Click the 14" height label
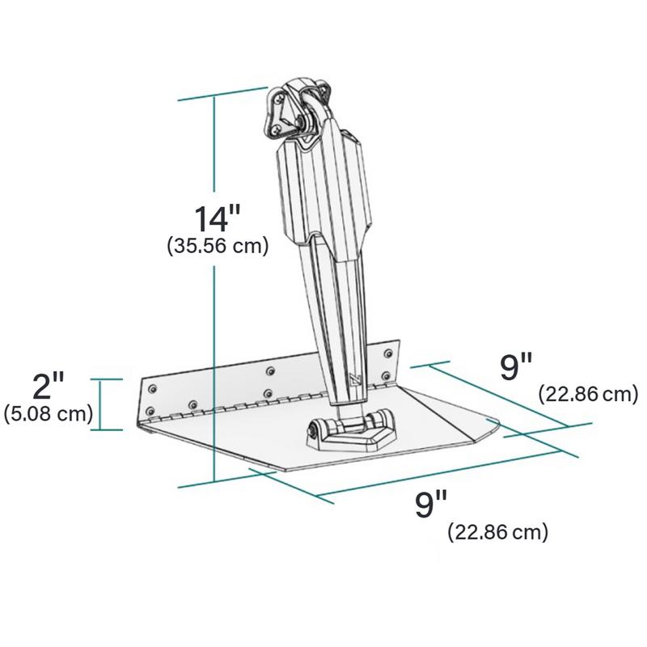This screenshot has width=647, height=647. point(217,218)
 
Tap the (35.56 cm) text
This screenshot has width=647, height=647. point(218,247)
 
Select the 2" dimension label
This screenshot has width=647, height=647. point(49,386)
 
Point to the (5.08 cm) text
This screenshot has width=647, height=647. point(49,413)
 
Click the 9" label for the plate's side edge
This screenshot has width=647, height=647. point(516,367)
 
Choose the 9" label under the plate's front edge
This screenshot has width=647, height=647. point(431,503)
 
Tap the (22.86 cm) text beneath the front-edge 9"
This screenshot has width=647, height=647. point(498,532)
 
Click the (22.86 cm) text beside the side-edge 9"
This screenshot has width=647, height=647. point(589,394)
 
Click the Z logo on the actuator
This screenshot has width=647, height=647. point(356,380)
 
